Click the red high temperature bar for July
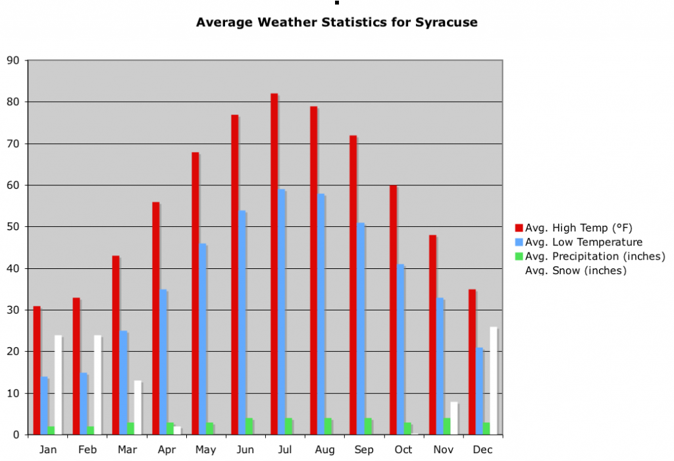tap(274, 263)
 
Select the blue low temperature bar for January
tap(45, 406)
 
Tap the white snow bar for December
tap(494, 381)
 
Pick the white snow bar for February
tap(98, 385)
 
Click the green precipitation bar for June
tap(249, 426)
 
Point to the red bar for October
tap(393, 310)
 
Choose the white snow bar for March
tap(138, 408)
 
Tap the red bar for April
tap(156, 318)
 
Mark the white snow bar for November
tap(454, 418)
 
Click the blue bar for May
tap(203, 339)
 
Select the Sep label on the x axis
tap(364, 450)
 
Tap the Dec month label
tap(482, 450)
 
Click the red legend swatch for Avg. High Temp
tap(519, 228)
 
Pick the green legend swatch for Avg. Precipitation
tap(519, 256)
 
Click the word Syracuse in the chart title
tap(446, 22)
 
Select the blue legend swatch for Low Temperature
tap(519, 242)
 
